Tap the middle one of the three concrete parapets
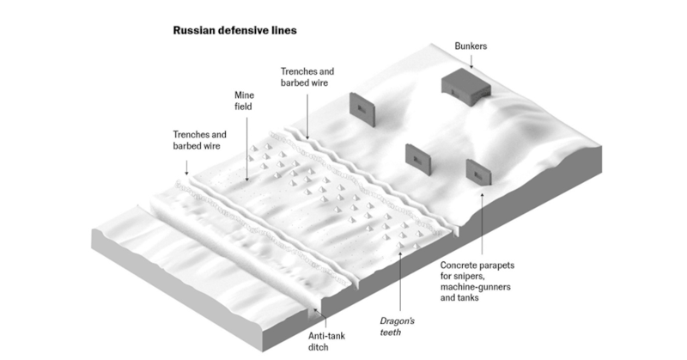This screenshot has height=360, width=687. tap(418, 157)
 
